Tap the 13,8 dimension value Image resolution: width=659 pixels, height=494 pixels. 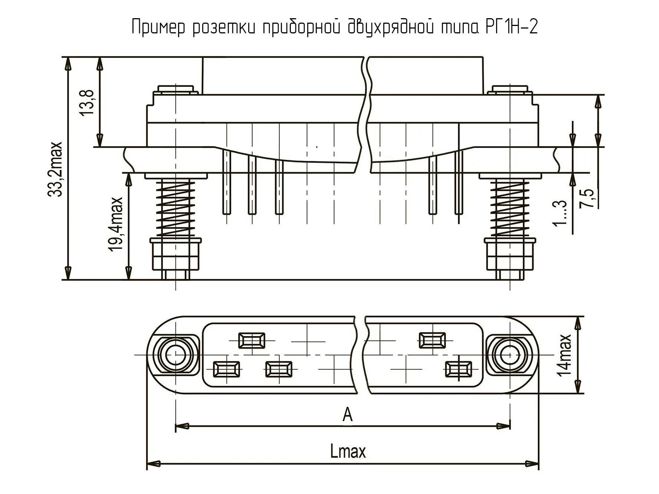click(87, 102)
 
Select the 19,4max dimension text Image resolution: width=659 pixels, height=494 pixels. click(116, 224)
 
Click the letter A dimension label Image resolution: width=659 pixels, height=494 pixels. click(347, 414)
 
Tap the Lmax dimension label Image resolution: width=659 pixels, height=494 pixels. click(348, 452)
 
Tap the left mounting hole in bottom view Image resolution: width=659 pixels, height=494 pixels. click(175, 355)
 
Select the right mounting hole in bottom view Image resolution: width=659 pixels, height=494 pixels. click(510, 355)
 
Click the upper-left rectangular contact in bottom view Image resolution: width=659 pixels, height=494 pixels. click(252, 340)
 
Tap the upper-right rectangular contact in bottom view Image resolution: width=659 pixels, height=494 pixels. click(432, 340)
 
